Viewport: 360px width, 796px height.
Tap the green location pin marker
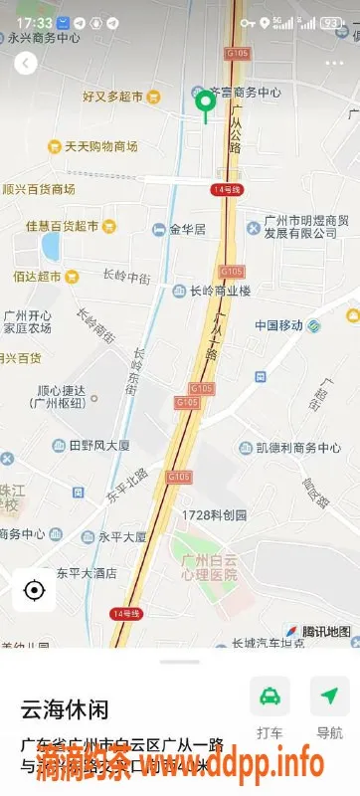[x=206, y=103]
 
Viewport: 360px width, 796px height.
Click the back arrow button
[x=26, y=64]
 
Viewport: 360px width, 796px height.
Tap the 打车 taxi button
[x=270, y=696]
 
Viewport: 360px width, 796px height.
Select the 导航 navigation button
[x=329, y=696]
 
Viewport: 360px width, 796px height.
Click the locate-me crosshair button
[x=34, y=590]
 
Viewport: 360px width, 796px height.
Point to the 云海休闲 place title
[x=65, y=709]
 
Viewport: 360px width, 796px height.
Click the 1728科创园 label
[x=214, y=515]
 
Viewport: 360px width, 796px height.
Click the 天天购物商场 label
[x=100, y=146]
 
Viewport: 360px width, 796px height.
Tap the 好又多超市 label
[x=112, y=97]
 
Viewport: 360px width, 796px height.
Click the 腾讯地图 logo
[x=318, y=631]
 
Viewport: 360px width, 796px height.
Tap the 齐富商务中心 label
[x=242, y=93]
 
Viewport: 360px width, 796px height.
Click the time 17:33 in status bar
[x=34, y=22]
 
